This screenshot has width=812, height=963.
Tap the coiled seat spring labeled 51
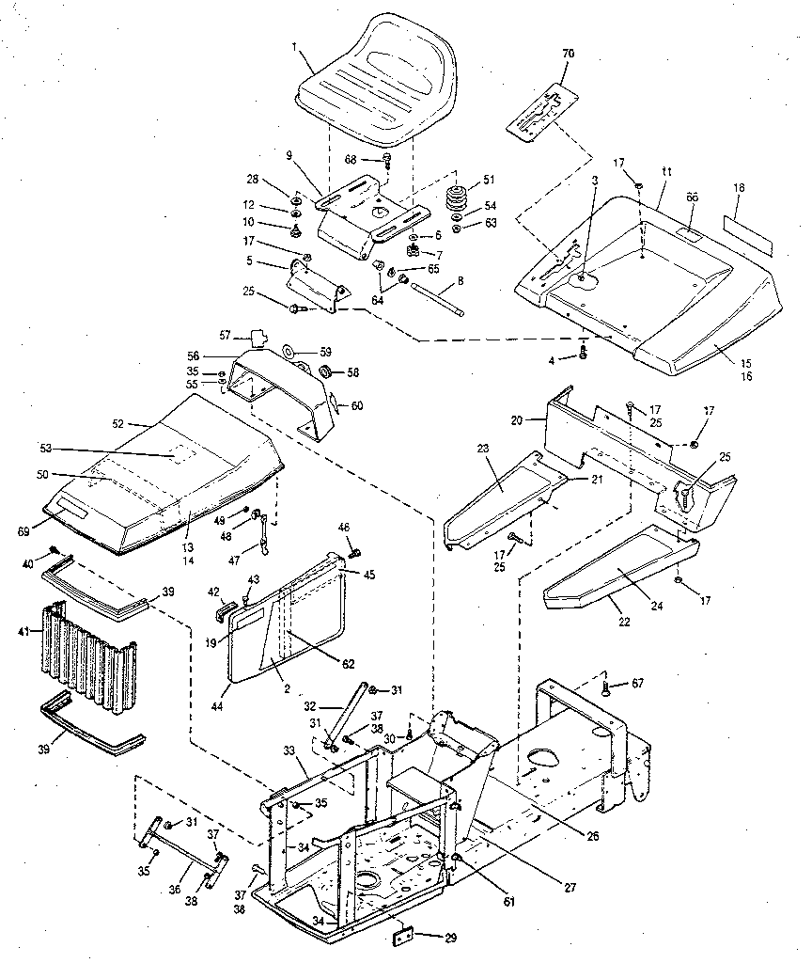tap(458, 200)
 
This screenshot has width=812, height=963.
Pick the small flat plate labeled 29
tap(404, 937)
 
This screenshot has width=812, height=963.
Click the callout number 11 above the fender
tap(667, 173)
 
